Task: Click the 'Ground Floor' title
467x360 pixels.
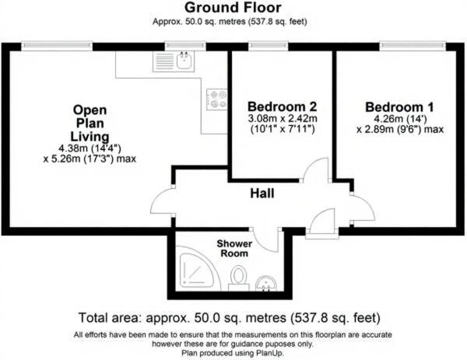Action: [233, 8]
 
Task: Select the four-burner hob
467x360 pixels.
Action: [216, 99]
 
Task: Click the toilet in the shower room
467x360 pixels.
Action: [241, 277]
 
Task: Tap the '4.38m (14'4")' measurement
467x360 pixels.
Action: [90, 149]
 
